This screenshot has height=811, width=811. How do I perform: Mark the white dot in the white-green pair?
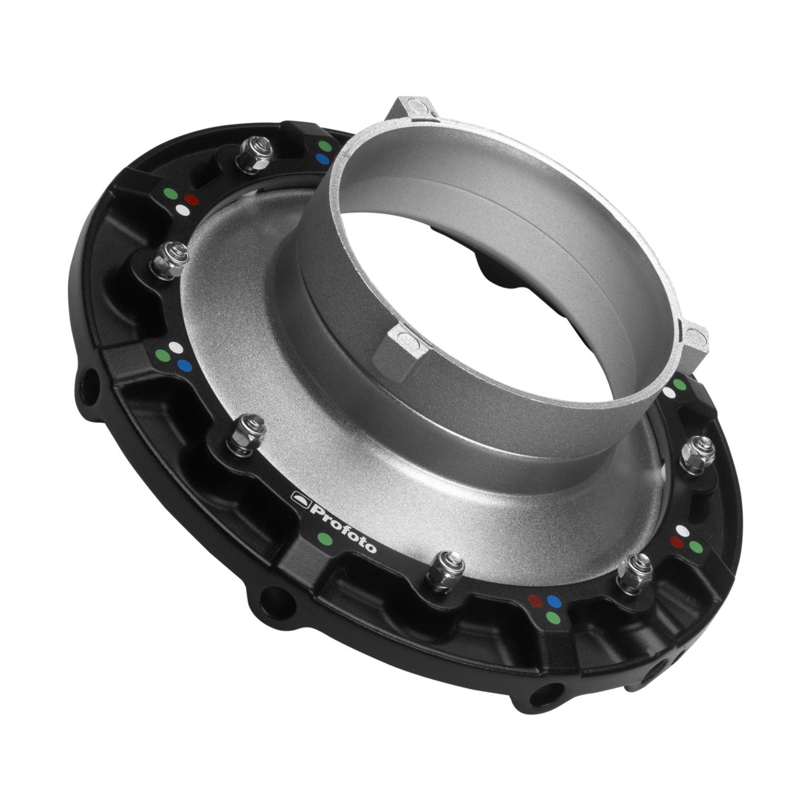(670, 393)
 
